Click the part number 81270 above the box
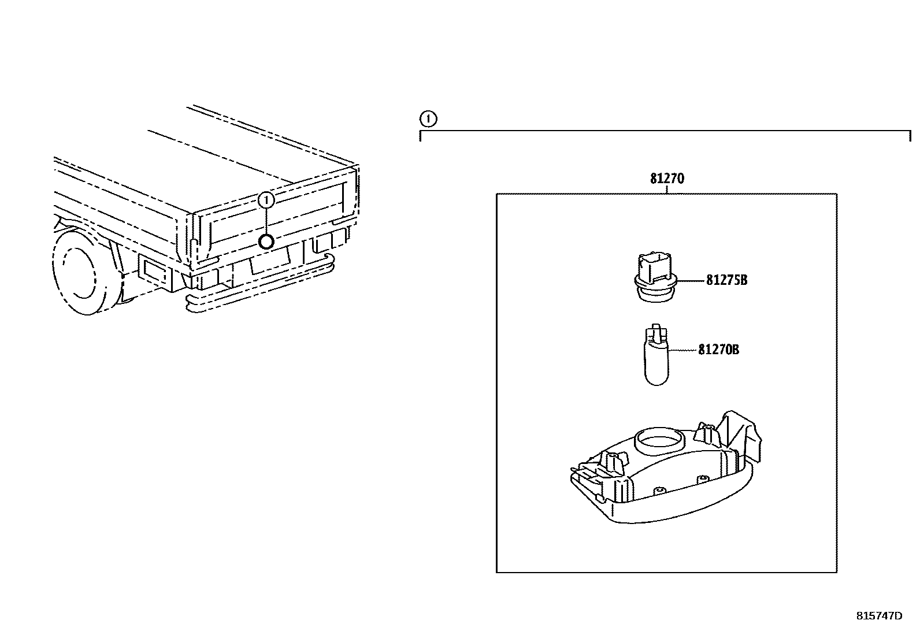point(666,179)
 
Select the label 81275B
point(726,280)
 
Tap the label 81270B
point(718,350)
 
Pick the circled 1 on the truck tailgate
point(266,200)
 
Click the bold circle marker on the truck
point(266,241)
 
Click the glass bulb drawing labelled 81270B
point(656,364)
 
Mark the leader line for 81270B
point(682,350)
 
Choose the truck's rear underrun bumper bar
point(260,292)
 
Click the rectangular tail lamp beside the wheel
point(153,272)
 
